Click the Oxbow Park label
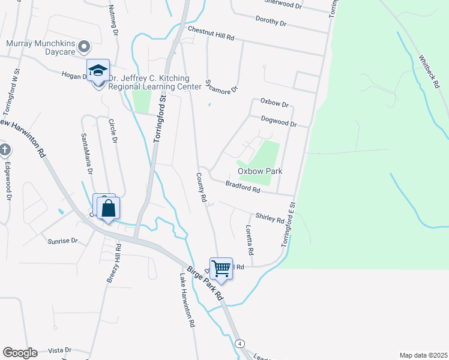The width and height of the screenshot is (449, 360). pos(260,171)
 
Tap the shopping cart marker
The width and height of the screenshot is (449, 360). pos(221,269)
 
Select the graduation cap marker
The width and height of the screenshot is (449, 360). pos(98,71)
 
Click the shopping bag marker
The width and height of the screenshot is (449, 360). pos(109,209)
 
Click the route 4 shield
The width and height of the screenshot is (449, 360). pos(240,343)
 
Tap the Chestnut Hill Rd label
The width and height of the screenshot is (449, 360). pos(210,33)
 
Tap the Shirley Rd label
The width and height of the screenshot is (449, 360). pos(270,217)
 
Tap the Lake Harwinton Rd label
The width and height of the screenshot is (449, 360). pos(187,300)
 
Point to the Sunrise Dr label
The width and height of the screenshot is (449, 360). pos(62,241)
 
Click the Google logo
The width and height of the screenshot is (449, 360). pos(20,353)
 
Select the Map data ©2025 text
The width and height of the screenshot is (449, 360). pos(423,355)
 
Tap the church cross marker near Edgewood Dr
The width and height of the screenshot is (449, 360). pos(4,149)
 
